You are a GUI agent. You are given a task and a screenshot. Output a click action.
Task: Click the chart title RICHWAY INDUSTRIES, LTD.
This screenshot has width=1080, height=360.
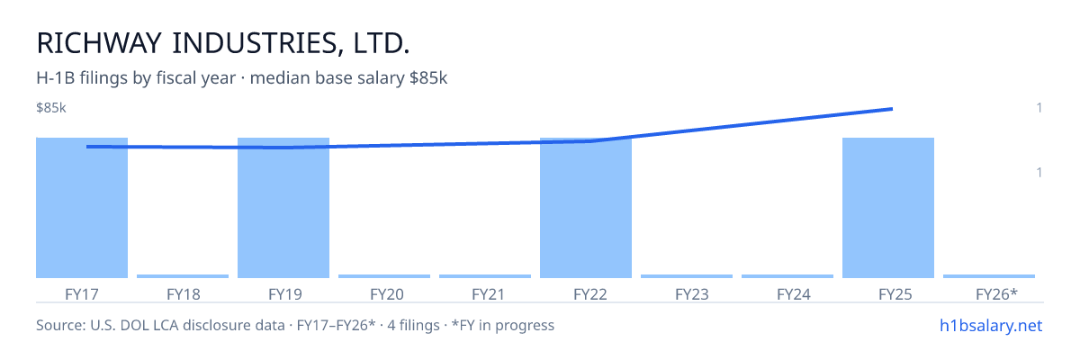click(223, 43)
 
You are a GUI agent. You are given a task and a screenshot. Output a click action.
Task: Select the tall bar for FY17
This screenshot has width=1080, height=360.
click(82, 208)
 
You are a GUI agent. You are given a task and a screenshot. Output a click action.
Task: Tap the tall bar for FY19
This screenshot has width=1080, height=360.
click(283, 208)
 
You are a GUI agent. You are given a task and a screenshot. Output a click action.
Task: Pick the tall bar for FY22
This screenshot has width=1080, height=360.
click(586, 208)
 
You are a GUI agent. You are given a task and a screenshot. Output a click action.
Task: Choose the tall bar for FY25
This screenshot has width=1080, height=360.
click(888, 208)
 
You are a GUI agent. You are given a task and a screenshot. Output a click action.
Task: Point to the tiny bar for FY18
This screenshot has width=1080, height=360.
click(183, 276)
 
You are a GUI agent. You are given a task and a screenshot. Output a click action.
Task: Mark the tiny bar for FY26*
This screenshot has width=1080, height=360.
click(989, 276)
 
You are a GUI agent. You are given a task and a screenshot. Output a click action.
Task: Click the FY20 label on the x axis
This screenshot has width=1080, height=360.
click(387, 294)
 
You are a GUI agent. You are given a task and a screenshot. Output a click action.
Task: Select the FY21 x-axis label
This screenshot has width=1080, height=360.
click(488, 294)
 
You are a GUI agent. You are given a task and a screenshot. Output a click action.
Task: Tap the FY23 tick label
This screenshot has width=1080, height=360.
click(692, 294)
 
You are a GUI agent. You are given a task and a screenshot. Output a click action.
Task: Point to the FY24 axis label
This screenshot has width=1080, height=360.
click(794, 294)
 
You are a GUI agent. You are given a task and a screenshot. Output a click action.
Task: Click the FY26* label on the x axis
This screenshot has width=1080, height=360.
click(996, 294)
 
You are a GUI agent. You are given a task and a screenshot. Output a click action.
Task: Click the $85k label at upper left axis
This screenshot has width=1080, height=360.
click(51, 107)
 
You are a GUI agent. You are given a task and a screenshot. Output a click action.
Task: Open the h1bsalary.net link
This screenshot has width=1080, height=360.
click(991, 325)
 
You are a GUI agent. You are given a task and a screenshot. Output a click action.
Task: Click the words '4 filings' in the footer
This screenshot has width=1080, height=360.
click(413, 325)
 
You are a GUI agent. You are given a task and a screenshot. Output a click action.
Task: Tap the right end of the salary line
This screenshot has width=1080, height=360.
click(892, 109)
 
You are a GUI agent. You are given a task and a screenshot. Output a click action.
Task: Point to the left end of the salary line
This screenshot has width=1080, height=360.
click(88, 147)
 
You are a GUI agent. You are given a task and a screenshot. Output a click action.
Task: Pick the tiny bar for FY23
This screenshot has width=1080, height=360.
click(687, 276)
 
